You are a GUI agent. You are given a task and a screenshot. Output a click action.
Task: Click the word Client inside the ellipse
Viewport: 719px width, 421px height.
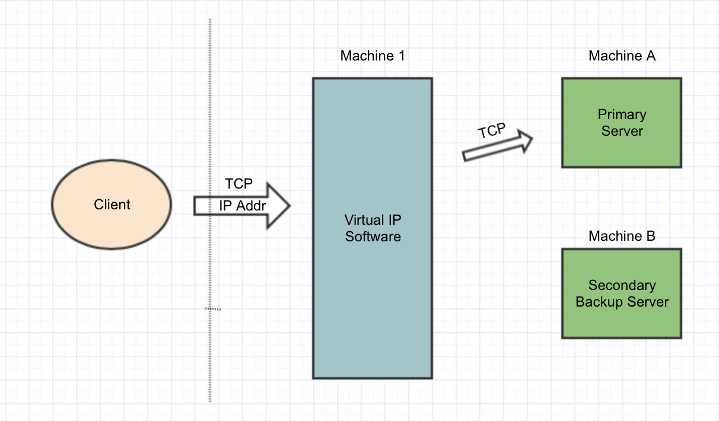(112, 205)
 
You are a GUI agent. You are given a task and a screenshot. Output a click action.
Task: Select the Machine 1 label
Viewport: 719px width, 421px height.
(373, 56)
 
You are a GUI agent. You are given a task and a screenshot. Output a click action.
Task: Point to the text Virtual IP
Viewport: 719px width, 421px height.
(373, 220)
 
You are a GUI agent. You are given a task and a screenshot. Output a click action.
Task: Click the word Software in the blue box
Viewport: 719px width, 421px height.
(373, 237)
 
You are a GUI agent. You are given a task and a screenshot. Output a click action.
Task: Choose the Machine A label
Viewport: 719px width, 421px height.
(622, 56)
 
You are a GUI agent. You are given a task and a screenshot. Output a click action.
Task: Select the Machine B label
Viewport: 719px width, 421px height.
(622, 236)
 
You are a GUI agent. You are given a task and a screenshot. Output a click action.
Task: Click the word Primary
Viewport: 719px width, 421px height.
(622, 114)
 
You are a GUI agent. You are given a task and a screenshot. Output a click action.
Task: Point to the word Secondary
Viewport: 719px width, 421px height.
(622, 285)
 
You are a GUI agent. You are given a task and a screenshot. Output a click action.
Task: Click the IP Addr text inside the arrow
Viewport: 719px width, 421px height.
(243, 206)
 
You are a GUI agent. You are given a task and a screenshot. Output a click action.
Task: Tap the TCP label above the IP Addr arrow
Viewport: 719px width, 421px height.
(238, 184)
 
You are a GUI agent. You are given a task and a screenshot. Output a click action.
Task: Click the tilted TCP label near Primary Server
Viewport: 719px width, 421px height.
(491, 130)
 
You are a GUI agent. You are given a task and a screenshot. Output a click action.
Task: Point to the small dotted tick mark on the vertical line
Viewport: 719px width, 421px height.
(213, 309)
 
